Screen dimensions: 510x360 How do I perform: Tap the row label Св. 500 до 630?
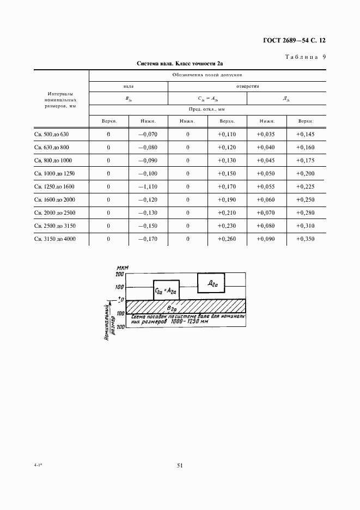click(x=52, y=134)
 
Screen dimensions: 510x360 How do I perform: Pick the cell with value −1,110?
click(x=148, y=186)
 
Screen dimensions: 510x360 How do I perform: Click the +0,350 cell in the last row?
click(x=305, y=239)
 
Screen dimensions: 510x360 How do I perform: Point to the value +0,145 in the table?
click(x=305, y=134)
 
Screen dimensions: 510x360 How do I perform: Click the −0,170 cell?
click(x=148, y=239)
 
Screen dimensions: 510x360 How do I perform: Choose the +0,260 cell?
click(x=227, y=239)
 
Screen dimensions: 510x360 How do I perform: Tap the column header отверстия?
click(x=247, y=86)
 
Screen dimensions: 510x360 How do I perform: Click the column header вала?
click(x=128, y=86)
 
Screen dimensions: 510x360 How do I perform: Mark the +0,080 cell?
click(x=267, y=226)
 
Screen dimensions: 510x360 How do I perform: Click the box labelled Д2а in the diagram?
click(x=212, y=283)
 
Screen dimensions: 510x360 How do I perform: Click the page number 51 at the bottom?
click(x=180, y=465)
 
